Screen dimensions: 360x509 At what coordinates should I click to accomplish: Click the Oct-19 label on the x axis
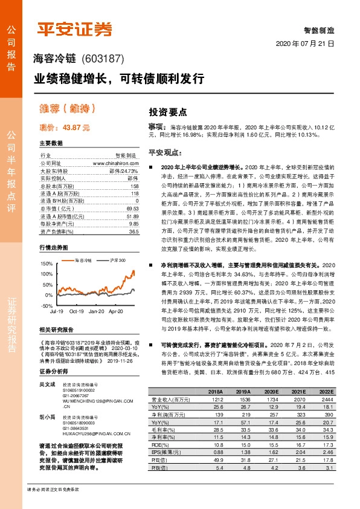76,311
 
